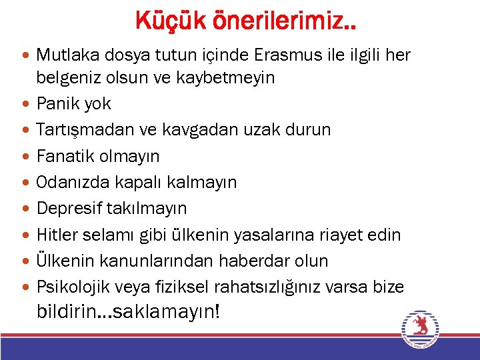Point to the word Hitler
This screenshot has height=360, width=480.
coord(55,235)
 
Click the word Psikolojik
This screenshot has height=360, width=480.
coord(73,287)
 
